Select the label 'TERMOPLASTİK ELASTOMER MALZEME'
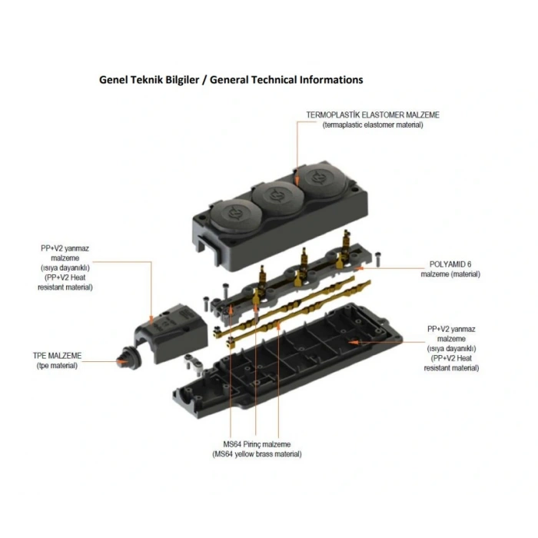pos(373,115)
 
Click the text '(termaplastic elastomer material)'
pos(373,125)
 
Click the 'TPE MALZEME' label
pos(58,356)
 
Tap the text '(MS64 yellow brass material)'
pos(257,454)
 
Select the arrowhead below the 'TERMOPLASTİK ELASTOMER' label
pos(295,178)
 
